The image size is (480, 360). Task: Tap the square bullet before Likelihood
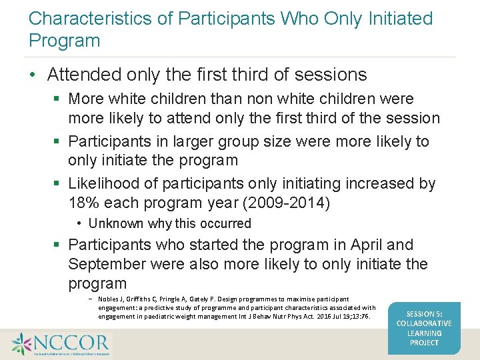click(x=58, y=184)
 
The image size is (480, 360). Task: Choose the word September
click(x=107, y=264)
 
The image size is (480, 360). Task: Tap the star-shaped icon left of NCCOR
click(x=21, y=343)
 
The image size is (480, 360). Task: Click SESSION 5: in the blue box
click(x=424, y=314)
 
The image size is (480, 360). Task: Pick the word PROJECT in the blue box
click(x=424, y=343)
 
